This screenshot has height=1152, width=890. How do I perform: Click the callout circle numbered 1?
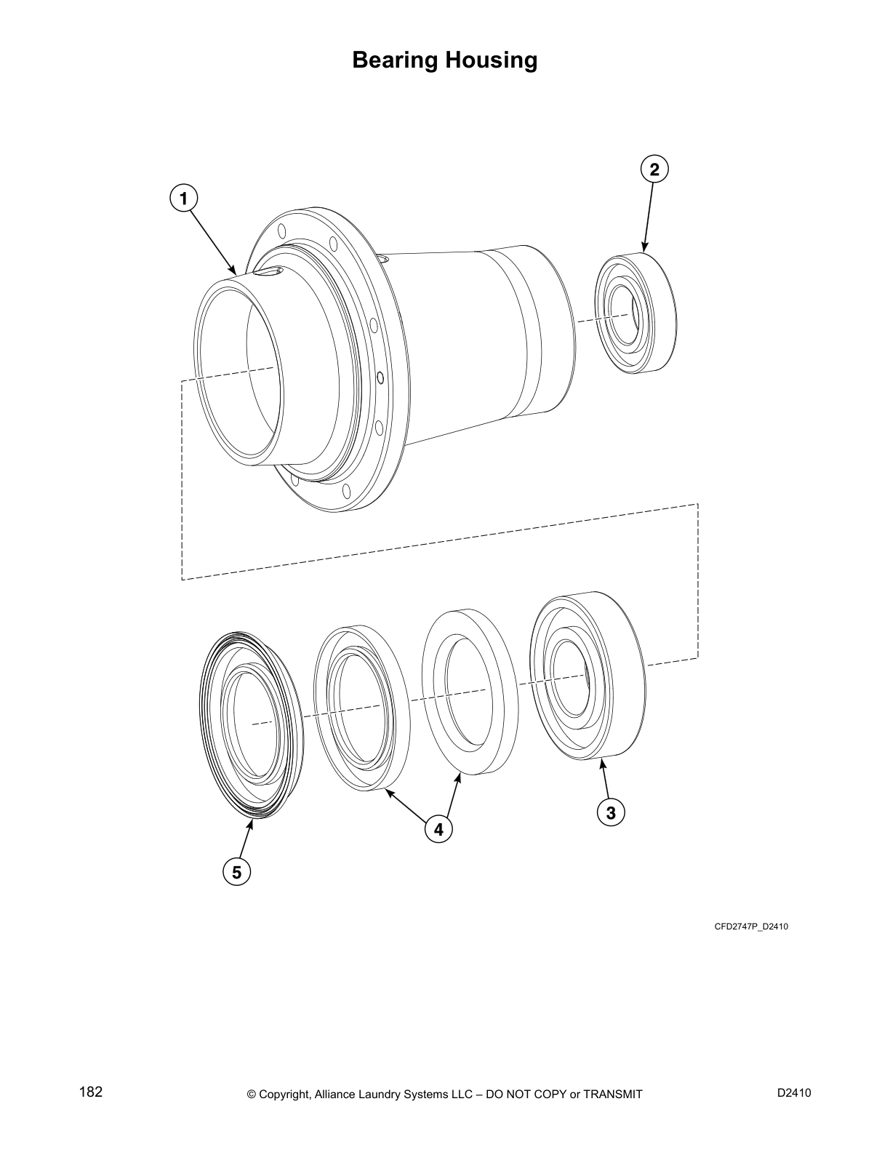pos(183,198)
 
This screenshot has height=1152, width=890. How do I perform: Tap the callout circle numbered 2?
pos(654,169)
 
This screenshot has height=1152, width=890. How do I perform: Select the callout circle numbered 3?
pos(611,812)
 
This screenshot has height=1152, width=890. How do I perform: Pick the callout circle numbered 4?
pos(438,828)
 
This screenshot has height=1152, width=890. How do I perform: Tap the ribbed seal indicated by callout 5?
pos(251,724)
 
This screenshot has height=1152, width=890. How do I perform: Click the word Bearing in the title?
pos(395,60)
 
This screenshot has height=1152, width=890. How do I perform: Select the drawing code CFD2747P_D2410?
pos(751,927)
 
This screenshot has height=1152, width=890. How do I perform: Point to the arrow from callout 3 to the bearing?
pos(605,779)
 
